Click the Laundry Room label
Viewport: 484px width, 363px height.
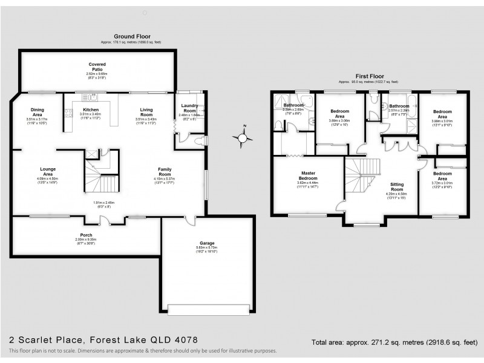[189, 108]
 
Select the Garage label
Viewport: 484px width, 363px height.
[208, 243]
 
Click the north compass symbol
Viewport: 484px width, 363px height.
[243, 138]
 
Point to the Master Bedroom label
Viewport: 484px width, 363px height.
[309, 176]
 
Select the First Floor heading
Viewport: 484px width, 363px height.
[368, 76]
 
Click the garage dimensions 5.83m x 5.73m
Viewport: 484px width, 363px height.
[208, 249]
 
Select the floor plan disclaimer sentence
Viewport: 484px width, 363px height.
[142, 351]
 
